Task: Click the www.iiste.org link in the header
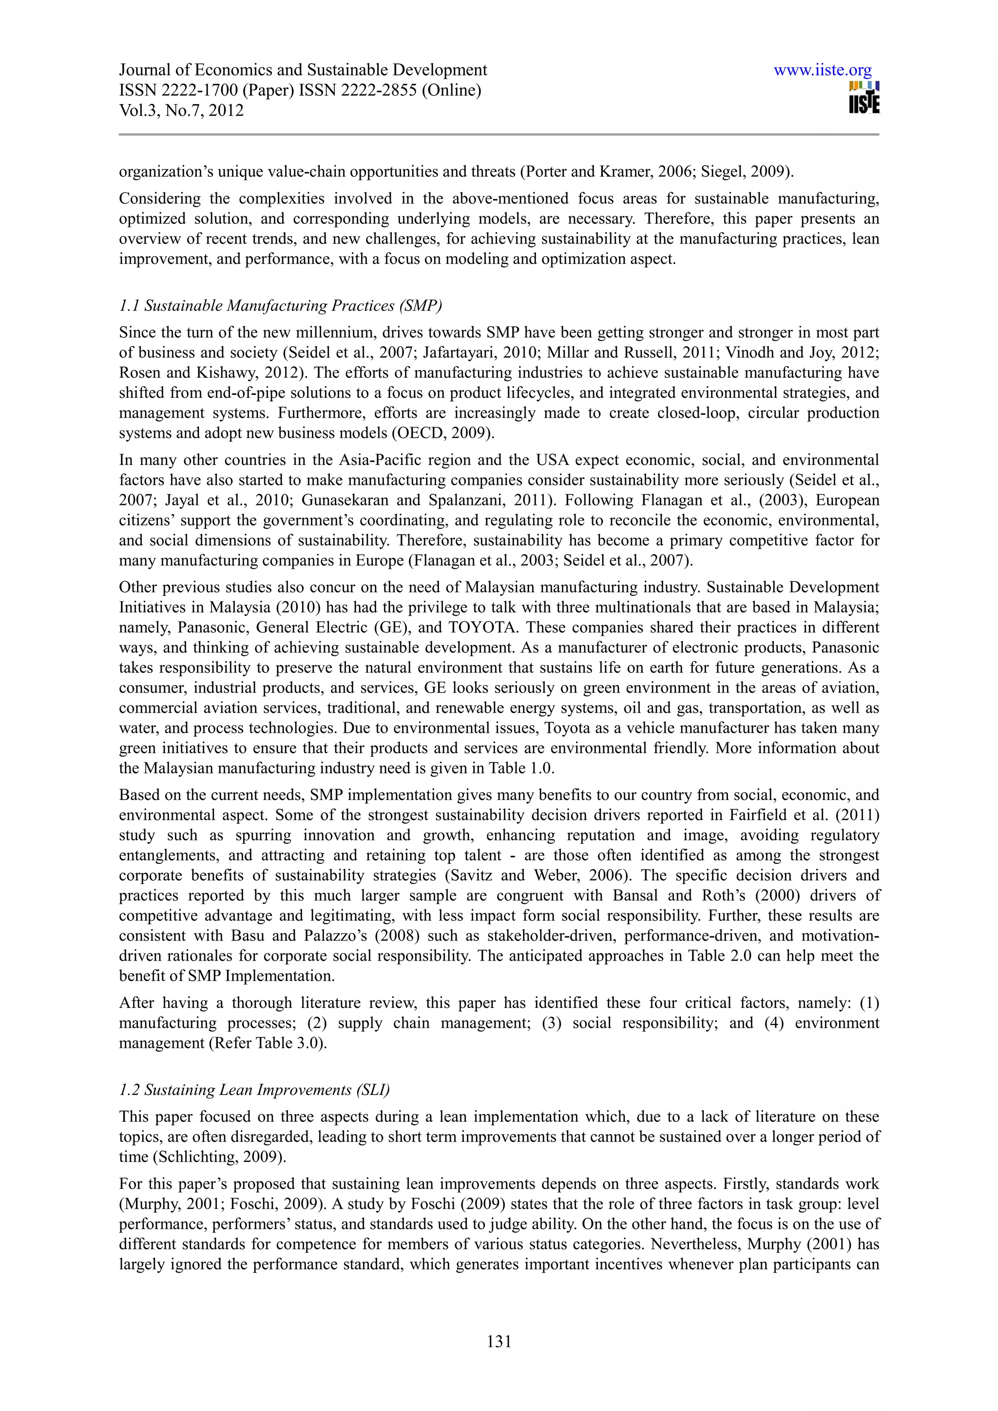822,70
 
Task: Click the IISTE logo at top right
864,98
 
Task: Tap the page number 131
499,1341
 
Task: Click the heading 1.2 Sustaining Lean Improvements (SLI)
254,1090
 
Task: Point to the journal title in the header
303,70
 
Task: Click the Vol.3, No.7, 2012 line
181,111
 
